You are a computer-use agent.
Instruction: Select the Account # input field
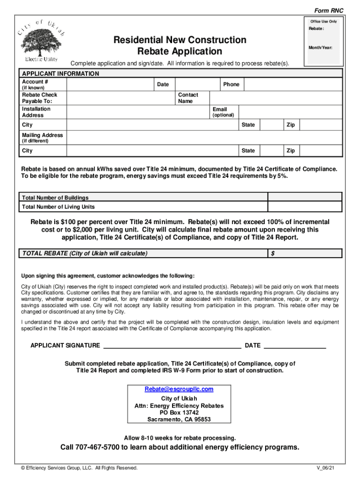[110, 84]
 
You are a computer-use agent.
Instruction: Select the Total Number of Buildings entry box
[305, 197]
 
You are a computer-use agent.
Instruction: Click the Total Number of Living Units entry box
[305, 207]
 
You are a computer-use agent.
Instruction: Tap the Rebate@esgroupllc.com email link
[179, 389]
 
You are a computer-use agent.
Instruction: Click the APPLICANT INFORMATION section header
[60, 74]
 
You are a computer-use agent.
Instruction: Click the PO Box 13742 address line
[179, 413]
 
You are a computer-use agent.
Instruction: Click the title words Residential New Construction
[180, 40]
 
